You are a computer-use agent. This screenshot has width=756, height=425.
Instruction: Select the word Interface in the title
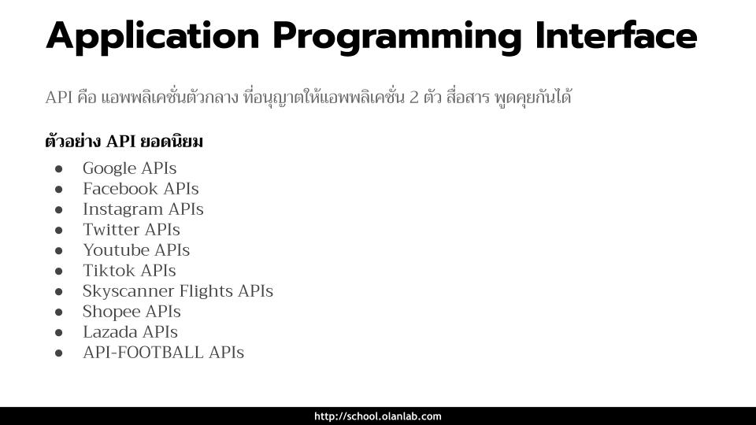point(616,35)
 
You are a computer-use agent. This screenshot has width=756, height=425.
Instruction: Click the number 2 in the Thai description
point(413,98)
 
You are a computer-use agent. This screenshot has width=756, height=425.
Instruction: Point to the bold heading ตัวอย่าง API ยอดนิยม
point(124,142)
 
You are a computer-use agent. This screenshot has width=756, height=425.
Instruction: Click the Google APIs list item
point(130,168)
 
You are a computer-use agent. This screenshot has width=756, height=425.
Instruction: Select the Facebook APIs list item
point(141,188)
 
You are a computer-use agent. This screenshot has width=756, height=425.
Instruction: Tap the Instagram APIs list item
point(143,209)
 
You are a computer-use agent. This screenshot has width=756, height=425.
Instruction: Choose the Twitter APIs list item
point(132,229)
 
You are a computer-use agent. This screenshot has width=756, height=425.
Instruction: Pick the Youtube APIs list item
point(136,250)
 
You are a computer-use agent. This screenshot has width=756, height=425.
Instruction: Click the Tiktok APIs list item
point(129,270)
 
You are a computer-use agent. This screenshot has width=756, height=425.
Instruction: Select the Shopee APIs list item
point(132,312)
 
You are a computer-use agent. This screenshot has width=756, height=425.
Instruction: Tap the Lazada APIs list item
point(130,332)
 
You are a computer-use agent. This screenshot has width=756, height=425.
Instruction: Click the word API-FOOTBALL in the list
point(143,353)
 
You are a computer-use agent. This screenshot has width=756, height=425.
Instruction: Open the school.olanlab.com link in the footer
point(378,416)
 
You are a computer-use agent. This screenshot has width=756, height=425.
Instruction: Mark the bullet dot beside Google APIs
point(59,168)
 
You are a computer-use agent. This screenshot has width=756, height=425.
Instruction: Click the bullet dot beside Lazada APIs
point(59,332)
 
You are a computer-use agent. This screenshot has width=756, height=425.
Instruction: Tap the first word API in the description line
point(59,98)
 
